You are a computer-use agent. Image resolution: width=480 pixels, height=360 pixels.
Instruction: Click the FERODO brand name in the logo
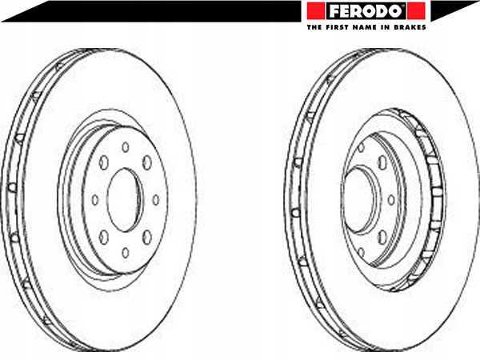click(366, 11)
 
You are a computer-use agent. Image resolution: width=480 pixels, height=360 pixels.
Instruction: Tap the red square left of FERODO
click(316, 11)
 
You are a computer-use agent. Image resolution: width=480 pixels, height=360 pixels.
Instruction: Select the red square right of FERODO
click(417, 11)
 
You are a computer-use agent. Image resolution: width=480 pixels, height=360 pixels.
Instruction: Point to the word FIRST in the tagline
click(336, 27)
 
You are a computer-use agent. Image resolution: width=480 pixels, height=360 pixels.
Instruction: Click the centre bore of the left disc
click(125, 199)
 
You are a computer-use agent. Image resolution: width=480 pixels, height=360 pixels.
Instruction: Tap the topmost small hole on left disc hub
click(126, 147)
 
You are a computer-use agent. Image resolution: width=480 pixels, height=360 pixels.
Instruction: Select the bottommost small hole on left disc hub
click(126, 253)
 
